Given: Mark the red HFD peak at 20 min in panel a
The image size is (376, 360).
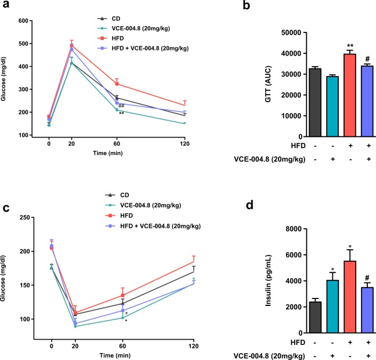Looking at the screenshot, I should [x=72, y=45].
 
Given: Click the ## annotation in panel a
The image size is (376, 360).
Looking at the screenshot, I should [x=121, y=106].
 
